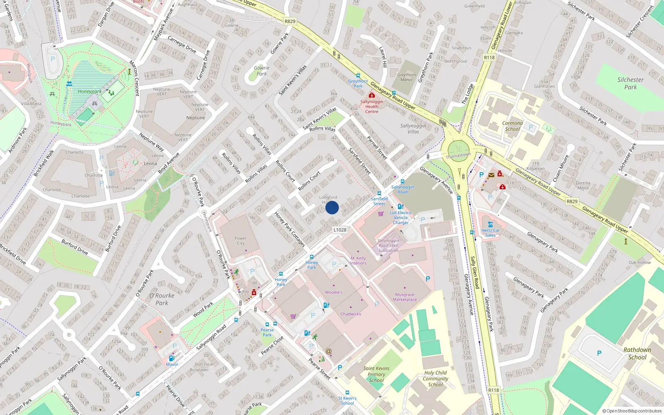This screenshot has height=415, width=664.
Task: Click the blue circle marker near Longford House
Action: [x=332, y=207]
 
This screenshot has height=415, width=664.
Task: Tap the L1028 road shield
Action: [x=339, y=230]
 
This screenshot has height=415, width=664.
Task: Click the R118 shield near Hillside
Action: [x=489, y=58]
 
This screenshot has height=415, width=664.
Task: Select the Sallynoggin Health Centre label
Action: [x=371, y=107]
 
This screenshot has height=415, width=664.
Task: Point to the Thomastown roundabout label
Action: [x=458, y=156]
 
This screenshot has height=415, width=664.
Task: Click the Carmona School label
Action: [x=512, y=126]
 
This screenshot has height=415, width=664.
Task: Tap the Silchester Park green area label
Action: [x=630, y=83]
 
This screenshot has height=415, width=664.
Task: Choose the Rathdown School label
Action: [x=637, y=354]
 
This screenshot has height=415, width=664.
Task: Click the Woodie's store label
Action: [x=334, y=292]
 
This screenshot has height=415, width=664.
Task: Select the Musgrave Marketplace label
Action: [x=405, y=297]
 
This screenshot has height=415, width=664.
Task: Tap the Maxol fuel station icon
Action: [x=171, y=358]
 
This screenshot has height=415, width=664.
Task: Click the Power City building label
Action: [x=240, y=241]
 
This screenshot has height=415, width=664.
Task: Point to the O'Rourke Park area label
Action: [x=162, y=299]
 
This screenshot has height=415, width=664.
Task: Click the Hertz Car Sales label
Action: [x=491, y=233]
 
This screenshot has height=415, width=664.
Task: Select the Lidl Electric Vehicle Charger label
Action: [x=400, y=217]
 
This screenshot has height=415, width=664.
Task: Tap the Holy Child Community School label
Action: [x=435, y=378]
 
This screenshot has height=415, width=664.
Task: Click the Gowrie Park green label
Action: [x=261, y=71]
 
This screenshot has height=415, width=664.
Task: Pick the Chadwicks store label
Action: [x=351, y=314]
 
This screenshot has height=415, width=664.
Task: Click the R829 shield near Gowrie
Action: [x=290, y=22]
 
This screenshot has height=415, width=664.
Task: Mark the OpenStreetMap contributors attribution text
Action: [x=634, y=411]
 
